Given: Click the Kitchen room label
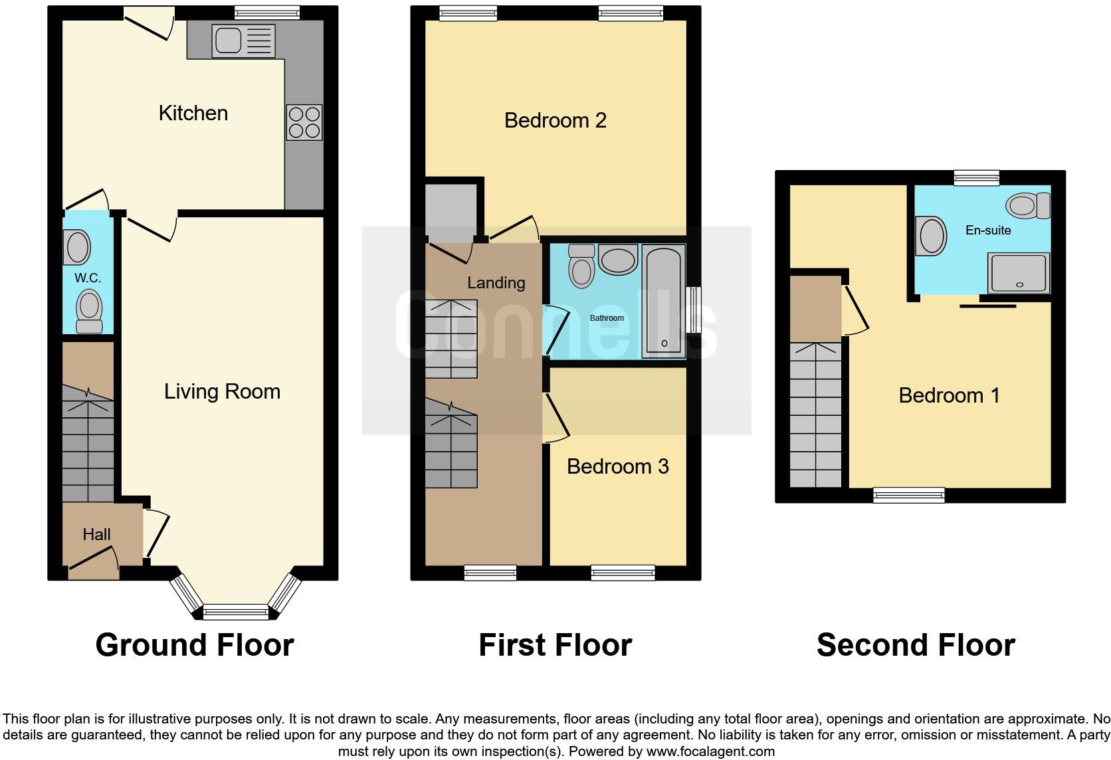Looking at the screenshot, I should [193, 113].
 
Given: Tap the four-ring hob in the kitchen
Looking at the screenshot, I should [304, 122].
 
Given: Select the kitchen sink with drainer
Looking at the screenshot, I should [243, 41].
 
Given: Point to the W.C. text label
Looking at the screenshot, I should [88, 278].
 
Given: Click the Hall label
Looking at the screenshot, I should [96, 534].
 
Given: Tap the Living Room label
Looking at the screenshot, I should [222, 391].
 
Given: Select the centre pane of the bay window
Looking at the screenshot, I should [236, 612].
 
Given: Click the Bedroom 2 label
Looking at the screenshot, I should [555, 120].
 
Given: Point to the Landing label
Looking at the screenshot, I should [496, 282].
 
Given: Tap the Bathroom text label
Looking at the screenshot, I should [607, 318].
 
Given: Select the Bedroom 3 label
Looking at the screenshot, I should [617, 466].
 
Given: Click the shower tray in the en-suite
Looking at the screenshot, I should [1019, 272].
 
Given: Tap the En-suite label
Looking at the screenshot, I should [988, 231].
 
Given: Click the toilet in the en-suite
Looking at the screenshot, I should [1027, 205].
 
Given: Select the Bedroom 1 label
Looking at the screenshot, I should [949, 395].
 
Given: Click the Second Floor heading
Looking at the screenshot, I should [916, 644].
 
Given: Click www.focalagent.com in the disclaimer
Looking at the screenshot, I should [710, 751].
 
